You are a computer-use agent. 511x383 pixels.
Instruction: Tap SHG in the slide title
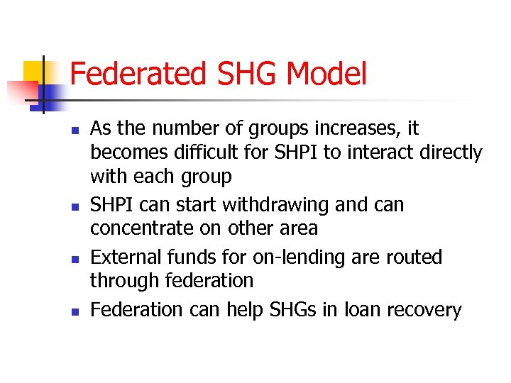tap(241, 74)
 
